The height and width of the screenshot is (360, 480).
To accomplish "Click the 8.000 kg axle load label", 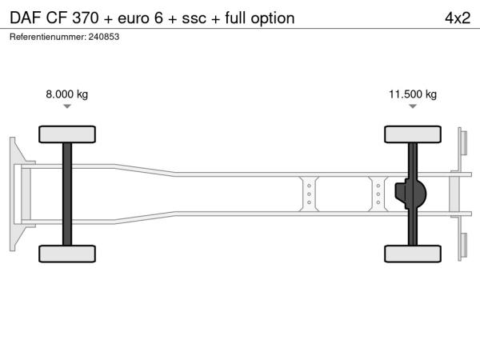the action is [66, 94].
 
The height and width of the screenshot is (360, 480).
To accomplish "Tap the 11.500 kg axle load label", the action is [413, 94].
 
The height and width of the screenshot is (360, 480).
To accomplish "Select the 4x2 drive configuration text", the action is [458, 18].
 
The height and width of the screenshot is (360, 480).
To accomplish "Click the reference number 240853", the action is [104, 37].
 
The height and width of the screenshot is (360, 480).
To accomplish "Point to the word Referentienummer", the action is [47, 37].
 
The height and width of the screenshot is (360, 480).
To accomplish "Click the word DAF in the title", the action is [26, 18].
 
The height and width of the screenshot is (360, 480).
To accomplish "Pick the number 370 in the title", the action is [86, 18].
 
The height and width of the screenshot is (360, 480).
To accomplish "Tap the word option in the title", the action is [273, 19].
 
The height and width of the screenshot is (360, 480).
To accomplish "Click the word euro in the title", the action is [134, 19].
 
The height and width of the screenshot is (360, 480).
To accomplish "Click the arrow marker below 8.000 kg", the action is [67, 106].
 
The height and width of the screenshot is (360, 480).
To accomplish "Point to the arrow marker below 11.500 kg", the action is [413, 106].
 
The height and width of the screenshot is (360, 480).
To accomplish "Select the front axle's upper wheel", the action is [67, 134].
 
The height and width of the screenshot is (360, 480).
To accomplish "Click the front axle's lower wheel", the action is [67, 254].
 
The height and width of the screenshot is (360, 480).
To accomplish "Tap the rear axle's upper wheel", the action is [413, 134].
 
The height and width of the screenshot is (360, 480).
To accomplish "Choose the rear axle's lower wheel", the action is [413, 254].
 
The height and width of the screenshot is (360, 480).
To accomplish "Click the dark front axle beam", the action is [67, 194].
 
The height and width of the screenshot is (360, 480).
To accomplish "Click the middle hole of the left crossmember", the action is [309, 194].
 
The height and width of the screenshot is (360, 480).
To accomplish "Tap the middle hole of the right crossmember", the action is [378, 194].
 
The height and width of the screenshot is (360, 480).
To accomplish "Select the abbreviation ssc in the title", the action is [194, 19].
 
